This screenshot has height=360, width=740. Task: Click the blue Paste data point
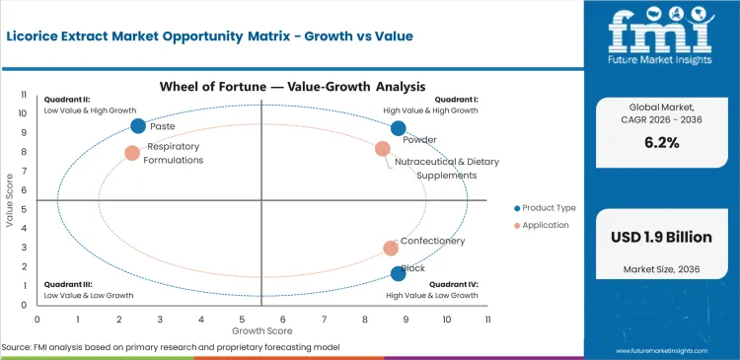pos(138,125)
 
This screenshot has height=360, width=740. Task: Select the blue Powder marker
pos(398,128)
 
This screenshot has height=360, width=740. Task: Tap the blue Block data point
pos(398,273)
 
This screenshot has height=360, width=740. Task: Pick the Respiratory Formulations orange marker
pos(132,153)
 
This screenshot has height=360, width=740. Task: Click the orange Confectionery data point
pos(391,249)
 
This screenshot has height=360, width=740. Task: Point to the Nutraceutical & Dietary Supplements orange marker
pos(383,149)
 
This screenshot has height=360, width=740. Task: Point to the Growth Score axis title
pos(261,331)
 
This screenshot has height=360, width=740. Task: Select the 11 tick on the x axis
pos(487,320)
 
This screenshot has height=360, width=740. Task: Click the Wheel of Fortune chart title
pos(262,86)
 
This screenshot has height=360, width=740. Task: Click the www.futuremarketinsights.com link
pos(669,350)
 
